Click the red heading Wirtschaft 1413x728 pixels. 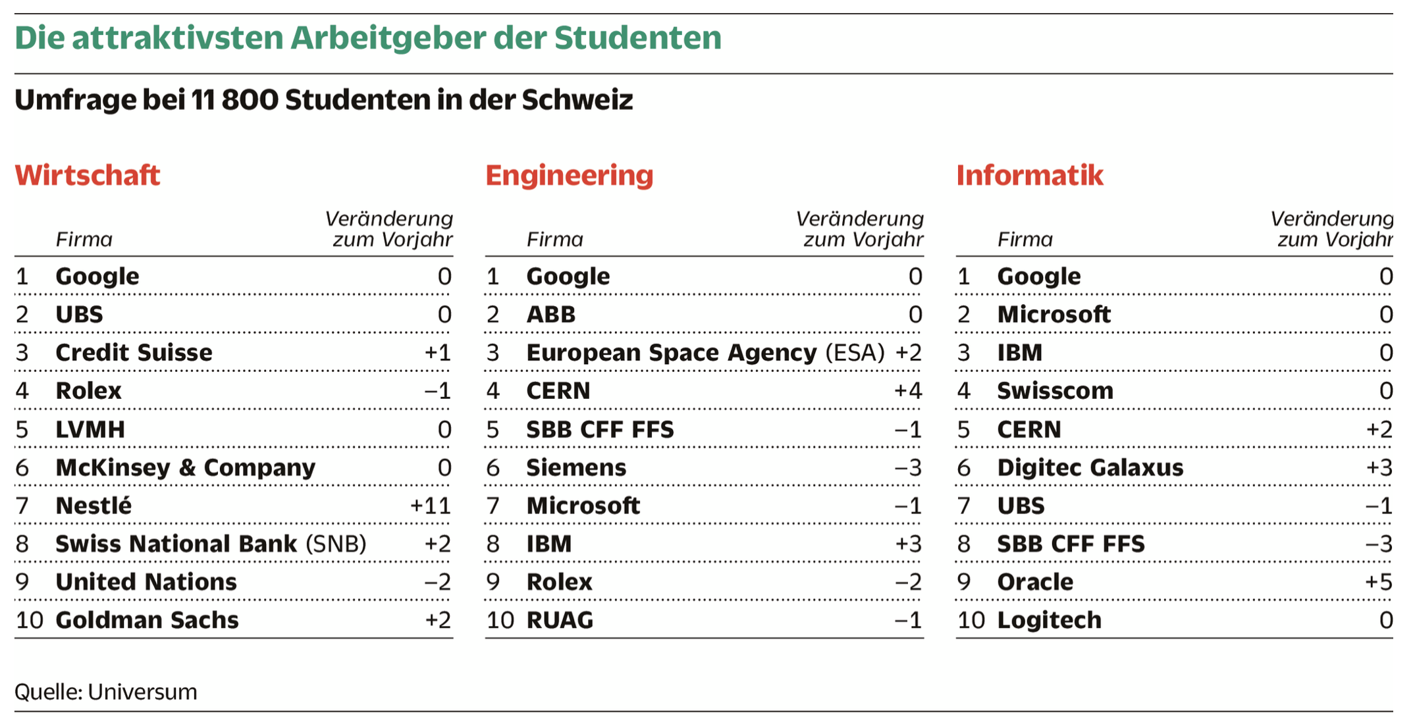pos(88,176)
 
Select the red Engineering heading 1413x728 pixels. pos(570,176)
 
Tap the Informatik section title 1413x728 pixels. pos(1030,176)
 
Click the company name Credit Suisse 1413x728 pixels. pos(134,353)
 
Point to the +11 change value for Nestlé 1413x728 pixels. pos(431,506)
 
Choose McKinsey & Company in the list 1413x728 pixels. pos(185,468)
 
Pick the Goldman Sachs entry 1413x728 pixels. pos(147,621)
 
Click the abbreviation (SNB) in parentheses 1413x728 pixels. pos(336,544)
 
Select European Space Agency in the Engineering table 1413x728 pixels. pos(671,353)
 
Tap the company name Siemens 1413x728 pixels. pos(576,468)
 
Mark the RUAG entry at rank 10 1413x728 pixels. pos(560,621)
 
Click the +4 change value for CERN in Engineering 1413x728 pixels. pos(908,392)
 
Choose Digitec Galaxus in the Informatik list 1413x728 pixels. pos(1090,468)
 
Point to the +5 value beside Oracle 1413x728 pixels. pos(1379,583)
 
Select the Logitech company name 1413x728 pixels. pos(1049,621)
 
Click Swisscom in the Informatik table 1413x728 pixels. pos(1055,392)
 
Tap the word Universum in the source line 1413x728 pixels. pos(142,692)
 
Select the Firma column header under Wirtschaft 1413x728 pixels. pos(84,240)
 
